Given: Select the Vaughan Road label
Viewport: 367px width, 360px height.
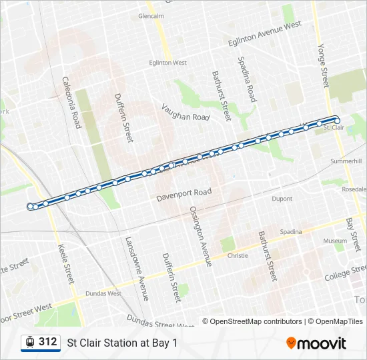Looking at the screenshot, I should [186, 111].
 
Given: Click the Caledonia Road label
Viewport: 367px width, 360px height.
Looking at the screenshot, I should [71, 102].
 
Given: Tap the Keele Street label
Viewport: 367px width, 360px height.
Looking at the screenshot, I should [67, 264].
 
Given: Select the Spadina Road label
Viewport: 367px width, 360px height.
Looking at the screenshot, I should [247, 79].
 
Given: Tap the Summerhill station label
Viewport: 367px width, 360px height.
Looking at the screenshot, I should [346, 161].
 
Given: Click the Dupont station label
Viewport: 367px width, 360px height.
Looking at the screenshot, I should [282, 199].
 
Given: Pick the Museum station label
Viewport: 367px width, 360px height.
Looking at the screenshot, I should [335, 241].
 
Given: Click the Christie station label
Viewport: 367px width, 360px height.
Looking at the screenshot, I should [238, 255].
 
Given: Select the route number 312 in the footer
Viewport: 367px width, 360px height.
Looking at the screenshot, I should [47, 342].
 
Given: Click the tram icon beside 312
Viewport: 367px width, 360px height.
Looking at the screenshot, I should [30, 342].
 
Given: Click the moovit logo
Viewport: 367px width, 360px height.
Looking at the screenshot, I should [316, 343].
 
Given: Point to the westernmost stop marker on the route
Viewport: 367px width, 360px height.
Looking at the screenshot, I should [30, 207].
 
